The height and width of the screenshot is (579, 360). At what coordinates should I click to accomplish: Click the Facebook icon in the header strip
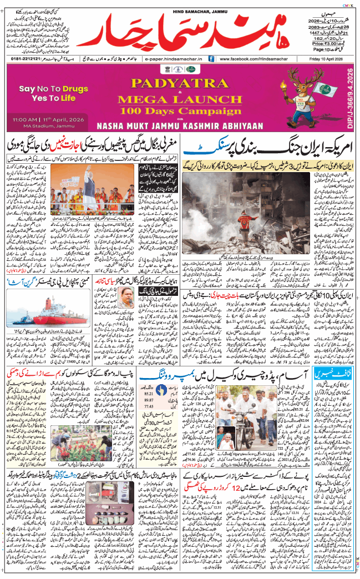pyautogui.click(x=211, y=58)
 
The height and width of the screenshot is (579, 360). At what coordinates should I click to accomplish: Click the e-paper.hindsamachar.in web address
pyautogui.click(x=172, y=58)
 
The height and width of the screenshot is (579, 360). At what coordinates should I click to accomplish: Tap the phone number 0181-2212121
pyautogui.click(x=26, y=58)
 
